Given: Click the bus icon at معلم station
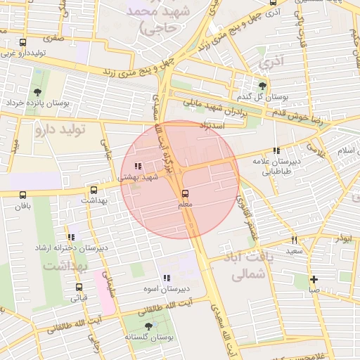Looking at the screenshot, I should tap(185, 193).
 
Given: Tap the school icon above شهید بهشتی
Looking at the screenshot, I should tap(137, 167).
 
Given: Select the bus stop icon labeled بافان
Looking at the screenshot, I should tap(23, 195).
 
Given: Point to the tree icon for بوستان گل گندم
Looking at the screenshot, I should tap(262, 84).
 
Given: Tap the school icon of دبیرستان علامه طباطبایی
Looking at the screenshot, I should tap(276, 150).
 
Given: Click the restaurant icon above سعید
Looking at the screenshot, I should tap(294, 240).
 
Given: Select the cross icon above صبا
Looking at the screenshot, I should tap(314, 279).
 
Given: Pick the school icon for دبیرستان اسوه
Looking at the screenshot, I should tap(167, 278).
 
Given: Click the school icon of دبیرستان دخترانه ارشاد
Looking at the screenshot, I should tap(71, 237).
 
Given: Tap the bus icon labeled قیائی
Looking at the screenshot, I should tap(78, 287).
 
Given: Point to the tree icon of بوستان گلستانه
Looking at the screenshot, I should tap(148, 326).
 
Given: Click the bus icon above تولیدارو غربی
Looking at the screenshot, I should tap(23, 42).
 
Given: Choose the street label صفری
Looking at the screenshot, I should tap(54, 37).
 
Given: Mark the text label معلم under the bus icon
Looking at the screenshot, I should tap(186, 205).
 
